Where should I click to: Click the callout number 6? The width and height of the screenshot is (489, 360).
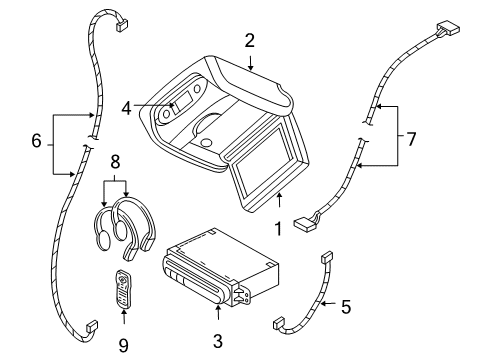click(x=37, y=142)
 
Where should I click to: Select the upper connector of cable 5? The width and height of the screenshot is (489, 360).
click(x=326, y=259)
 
